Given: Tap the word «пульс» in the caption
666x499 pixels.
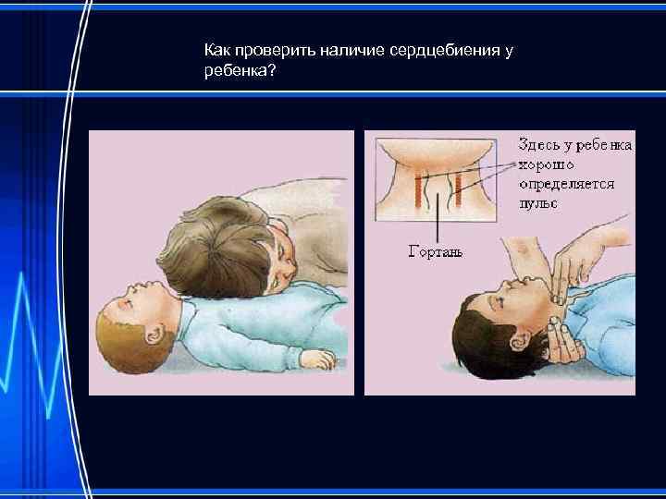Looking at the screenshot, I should (x=537, y=202).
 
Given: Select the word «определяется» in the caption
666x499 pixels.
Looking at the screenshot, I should (x=564, y=184).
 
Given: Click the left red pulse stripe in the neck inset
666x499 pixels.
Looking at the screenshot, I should (x=418, y=191).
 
